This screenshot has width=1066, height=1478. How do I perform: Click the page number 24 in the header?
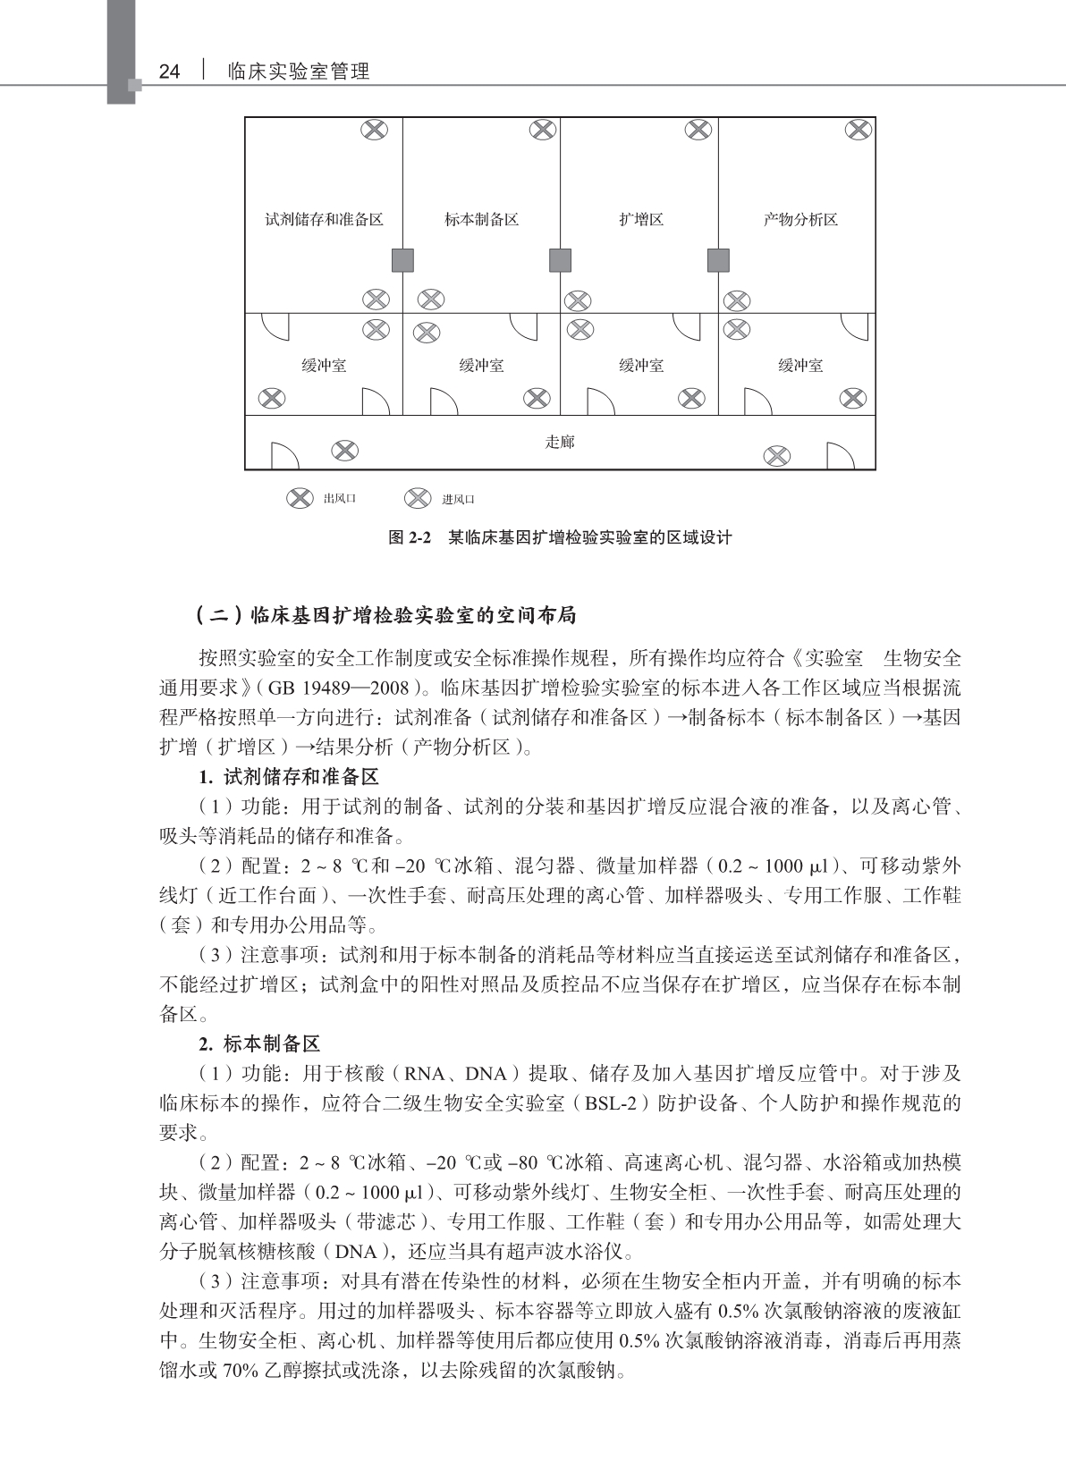tap(169, 72)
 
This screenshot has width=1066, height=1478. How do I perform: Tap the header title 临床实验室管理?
tap(299, 72)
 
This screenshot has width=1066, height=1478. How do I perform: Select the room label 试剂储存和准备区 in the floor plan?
tap(324, 220)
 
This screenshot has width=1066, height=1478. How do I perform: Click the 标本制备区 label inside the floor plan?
tap(481, 220)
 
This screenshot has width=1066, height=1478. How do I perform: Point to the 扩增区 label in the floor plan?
tap(640, 220)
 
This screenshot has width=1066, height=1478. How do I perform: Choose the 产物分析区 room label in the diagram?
tap(800, 220)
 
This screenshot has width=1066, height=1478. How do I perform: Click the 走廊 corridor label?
tap(560, 442)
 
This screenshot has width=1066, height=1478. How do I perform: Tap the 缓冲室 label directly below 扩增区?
tap(640, 366)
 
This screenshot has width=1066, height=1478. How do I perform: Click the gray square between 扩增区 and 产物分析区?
tap(718, 260)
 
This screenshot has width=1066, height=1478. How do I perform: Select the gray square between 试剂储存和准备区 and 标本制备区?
tap(402, 260)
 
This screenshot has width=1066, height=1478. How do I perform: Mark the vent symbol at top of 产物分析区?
tap(858, 131)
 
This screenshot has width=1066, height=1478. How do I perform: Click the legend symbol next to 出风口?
tap(300, 498)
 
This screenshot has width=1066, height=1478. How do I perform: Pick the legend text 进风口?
tap(458, 499)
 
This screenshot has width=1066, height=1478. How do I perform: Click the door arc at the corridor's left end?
tap(284, 455)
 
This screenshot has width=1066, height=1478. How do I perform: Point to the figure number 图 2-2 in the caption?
tap(410, 538)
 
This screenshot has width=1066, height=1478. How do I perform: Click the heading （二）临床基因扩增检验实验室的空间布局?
tap(385, 615)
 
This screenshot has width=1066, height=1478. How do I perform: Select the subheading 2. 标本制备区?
tap(259, 1043)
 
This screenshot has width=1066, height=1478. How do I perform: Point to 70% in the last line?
tap(240, 1370)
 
